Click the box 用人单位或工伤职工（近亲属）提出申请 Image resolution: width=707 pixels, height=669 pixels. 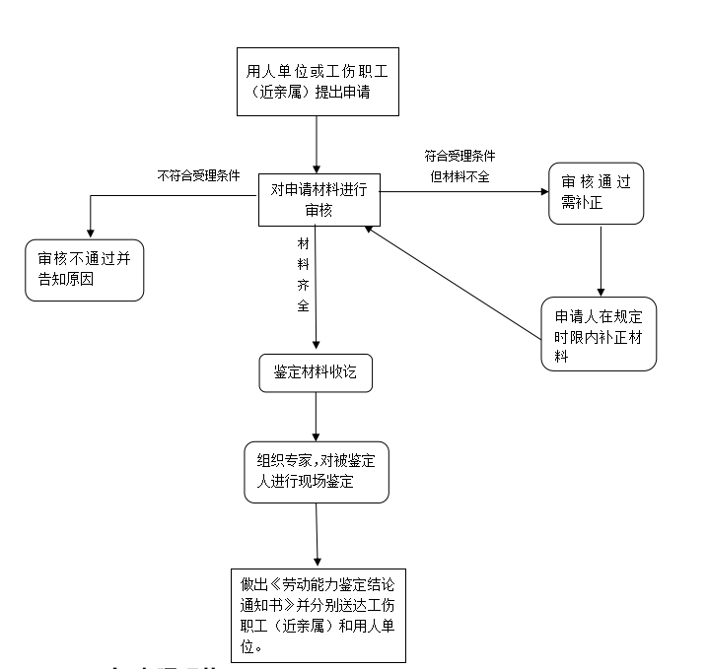pyautogui.click(x=318, y=81)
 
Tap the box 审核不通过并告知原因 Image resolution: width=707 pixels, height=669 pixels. pyautogui.click(x=84, y=270)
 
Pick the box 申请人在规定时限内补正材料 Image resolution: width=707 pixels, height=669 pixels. pyautogui.click(x=599, y=333)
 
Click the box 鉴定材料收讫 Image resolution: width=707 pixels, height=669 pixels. pyautogui.click(x=316, y=374)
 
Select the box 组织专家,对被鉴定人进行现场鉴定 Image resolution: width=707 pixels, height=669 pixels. pyautogui.click(x=316, y=472)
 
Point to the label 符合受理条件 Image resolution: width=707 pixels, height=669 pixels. pyautogui.click(x=460, y=156)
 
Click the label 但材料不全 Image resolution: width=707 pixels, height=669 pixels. pyautogui.click(x=460, y=176)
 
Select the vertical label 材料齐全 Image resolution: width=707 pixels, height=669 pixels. pyautogui.click(x=304, y=274)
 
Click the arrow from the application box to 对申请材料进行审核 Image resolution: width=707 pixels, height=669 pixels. pyautogui.click(x=317, y=144)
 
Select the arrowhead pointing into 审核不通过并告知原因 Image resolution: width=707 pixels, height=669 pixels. pyautogui.click(x=90, y=234)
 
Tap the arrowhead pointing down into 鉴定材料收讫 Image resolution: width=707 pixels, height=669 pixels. pyautogui.click(x=316, y=345)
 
